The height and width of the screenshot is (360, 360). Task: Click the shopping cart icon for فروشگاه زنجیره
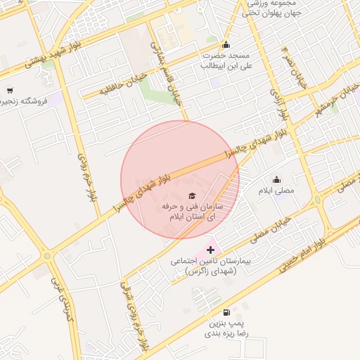coord(10,90)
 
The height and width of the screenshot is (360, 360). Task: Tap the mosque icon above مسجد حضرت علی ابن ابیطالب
coord(226,44)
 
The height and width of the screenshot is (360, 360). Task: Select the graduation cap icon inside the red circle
coord(192,195)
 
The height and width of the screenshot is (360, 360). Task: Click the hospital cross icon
coord(210,250)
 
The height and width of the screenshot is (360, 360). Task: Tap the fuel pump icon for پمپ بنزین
coord(225,313)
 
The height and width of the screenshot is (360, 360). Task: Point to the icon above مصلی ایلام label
coord(276,179)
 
